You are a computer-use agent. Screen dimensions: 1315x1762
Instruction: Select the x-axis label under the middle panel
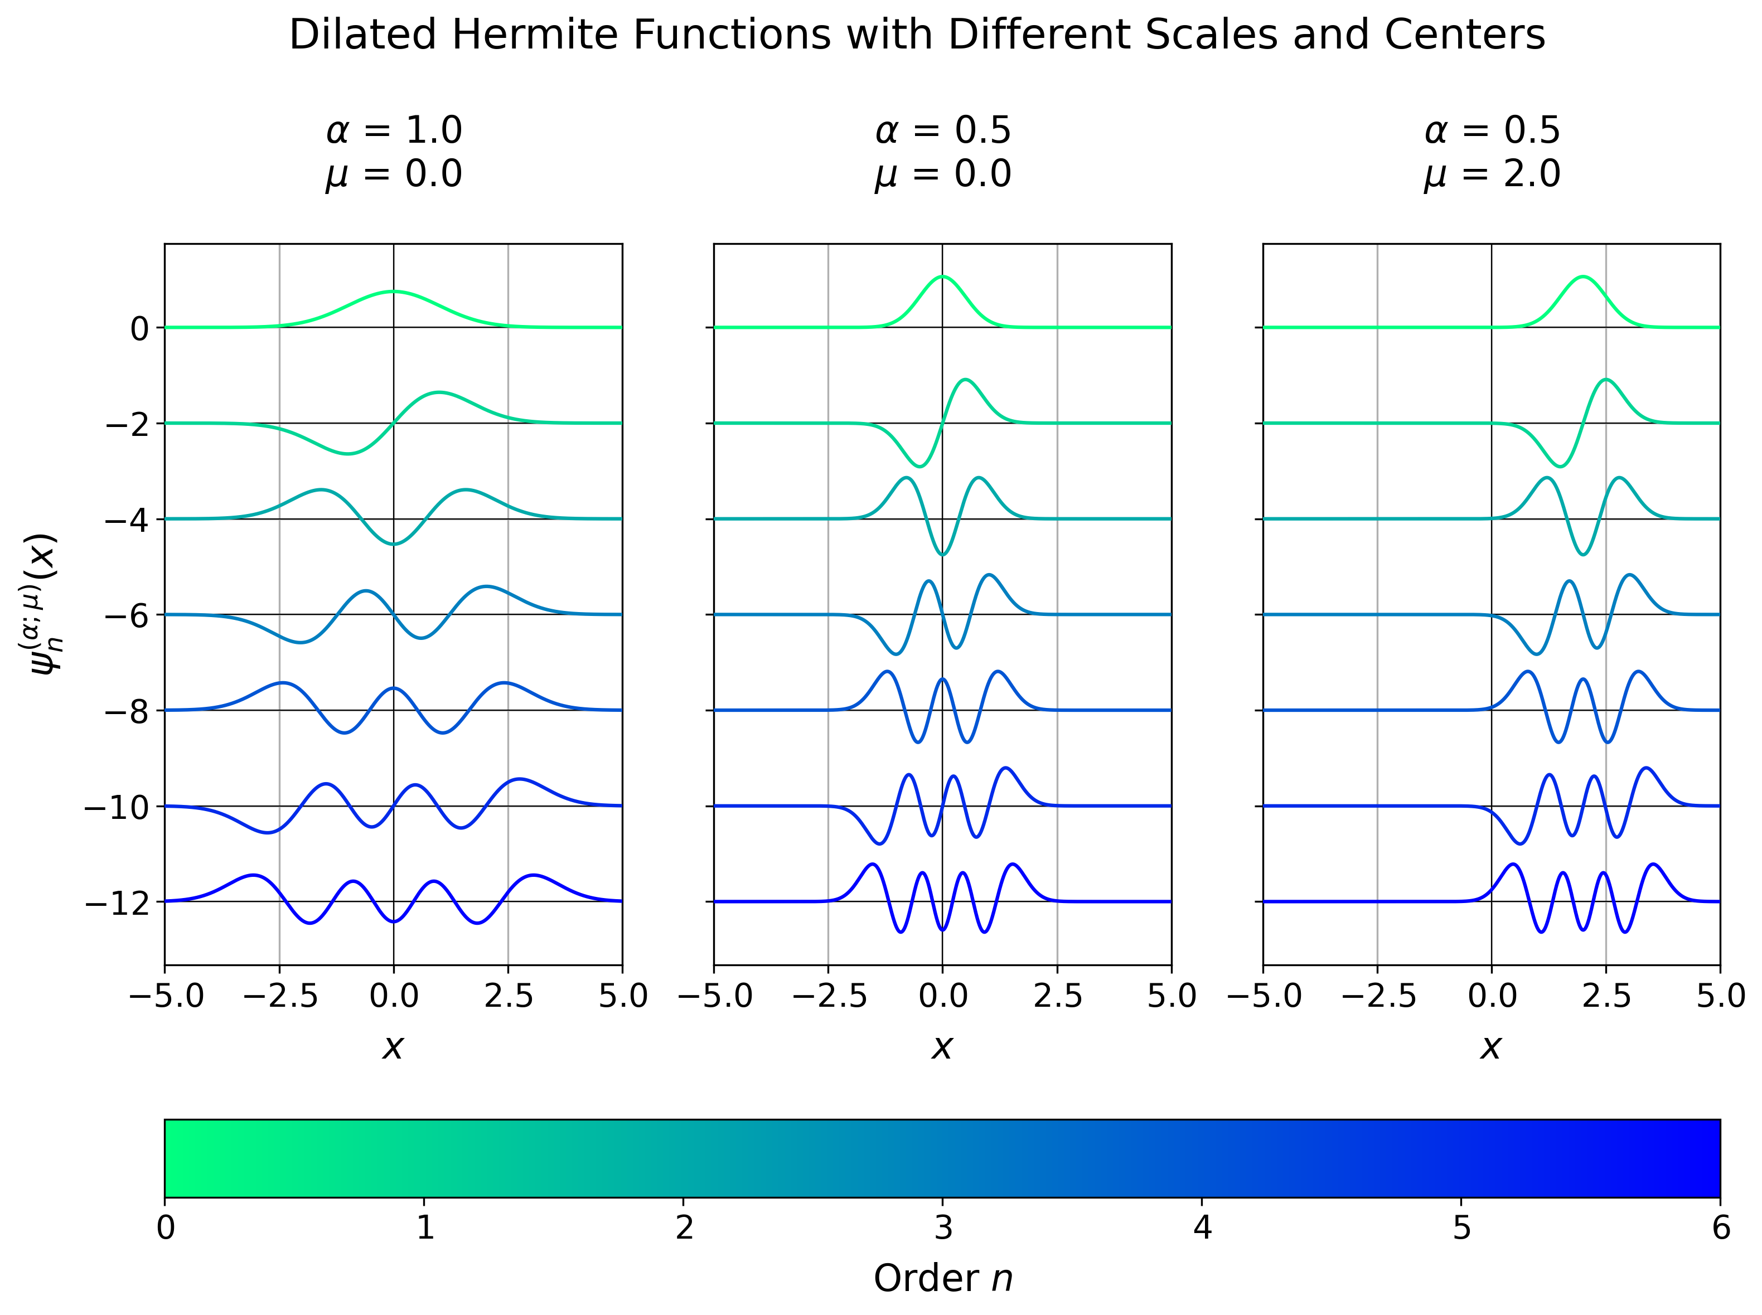[x=942, y=1047]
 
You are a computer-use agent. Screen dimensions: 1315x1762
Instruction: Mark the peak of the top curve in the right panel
[x=1583, y=277]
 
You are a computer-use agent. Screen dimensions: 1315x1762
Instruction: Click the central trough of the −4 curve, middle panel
[x=943, y=555]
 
